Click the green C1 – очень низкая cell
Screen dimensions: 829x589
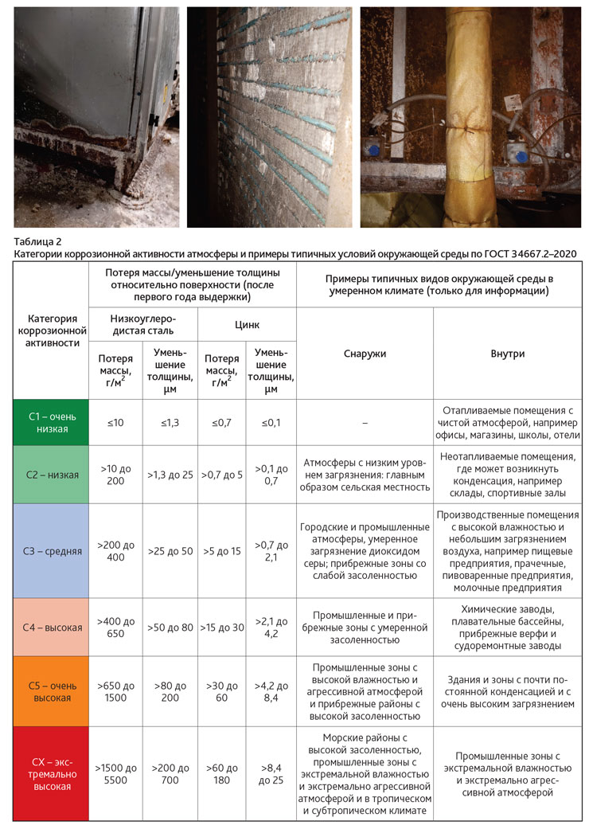[x=49, y=422]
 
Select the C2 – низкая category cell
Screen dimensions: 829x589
[x=49, y=475]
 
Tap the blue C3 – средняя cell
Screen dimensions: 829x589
[x=49, y=551]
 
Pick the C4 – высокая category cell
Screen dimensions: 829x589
[x=49, y=627]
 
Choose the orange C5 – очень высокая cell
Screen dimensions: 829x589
[x=49, y=690]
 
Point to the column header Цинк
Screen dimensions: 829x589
[x=246, y=325]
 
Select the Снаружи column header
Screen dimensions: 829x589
[x=365, y=354]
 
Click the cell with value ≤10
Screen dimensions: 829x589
[x=115, y=422]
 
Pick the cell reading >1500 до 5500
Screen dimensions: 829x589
[x=115, y=773]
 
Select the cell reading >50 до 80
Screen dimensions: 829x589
[x=170, y=627]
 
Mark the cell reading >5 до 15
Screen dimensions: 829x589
[x=220, y=551]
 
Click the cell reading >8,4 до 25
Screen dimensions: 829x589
[x=271, y=773]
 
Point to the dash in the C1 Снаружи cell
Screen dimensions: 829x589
[x=365, y=423]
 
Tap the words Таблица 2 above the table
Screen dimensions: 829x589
[x=37, y=240]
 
